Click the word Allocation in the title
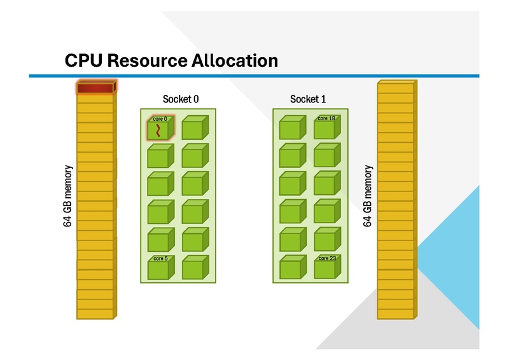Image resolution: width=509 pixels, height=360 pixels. click(x=235, y=61)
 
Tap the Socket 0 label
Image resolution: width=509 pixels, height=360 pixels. click(x=181, y=99)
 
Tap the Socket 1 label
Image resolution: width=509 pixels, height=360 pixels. click(x=308, y=99)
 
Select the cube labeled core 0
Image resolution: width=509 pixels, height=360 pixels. click(x=159, y=129)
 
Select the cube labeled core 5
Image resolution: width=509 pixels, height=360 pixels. click(x=159, y=269)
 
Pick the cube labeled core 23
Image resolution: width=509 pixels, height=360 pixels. click(x=325, y=268)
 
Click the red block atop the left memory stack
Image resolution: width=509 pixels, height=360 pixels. click(x=95, y=88)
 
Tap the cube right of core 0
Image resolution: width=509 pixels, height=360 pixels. click(x=193, y=129)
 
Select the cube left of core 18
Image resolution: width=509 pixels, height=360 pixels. click(x=291, y=129)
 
